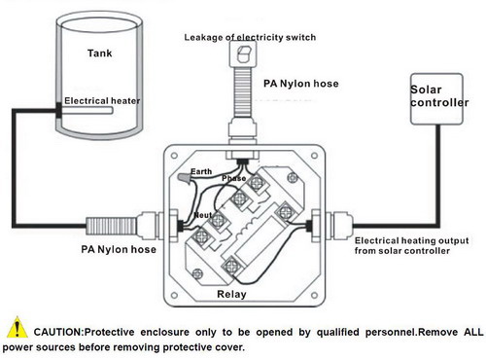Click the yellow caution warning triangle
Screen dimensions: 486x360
[17, 327]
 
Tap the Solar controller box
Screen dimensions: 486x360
[436, 99]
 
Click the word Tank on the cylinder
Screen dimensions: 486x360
[100, 53]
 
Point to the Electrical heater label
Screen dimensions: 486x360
[102, 101]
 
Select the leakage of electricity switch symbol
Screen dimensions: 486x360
[243, 54]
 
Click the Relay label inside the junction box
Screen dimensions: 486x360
[231, 294]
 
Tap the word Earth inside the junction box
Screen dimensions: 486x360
[201, 171]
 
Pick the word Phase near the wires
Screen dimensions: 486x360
[234, 178]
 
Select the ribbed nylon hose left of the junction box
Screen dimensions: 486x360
[112, 226]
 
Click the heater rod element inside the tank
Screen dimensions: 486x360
[87, 111]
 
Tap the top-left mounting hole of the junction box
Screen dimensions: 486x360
[174, 156]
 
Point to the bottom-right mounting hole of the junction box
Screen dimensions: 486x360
[314, 295]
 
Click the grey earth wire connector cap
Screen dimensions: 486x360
[184, 178]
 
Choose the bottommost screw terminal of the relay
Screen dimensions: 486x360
[232, 267]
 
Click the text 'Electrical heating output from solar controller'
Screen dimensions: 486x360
[411, 245]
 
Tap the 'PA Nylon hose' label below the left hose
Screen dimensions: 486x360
[119, 249]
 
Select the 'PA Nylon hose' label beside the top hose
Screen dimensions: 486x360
[301, 84]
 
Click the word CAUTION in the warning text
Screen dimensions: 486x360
[58, 332]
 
